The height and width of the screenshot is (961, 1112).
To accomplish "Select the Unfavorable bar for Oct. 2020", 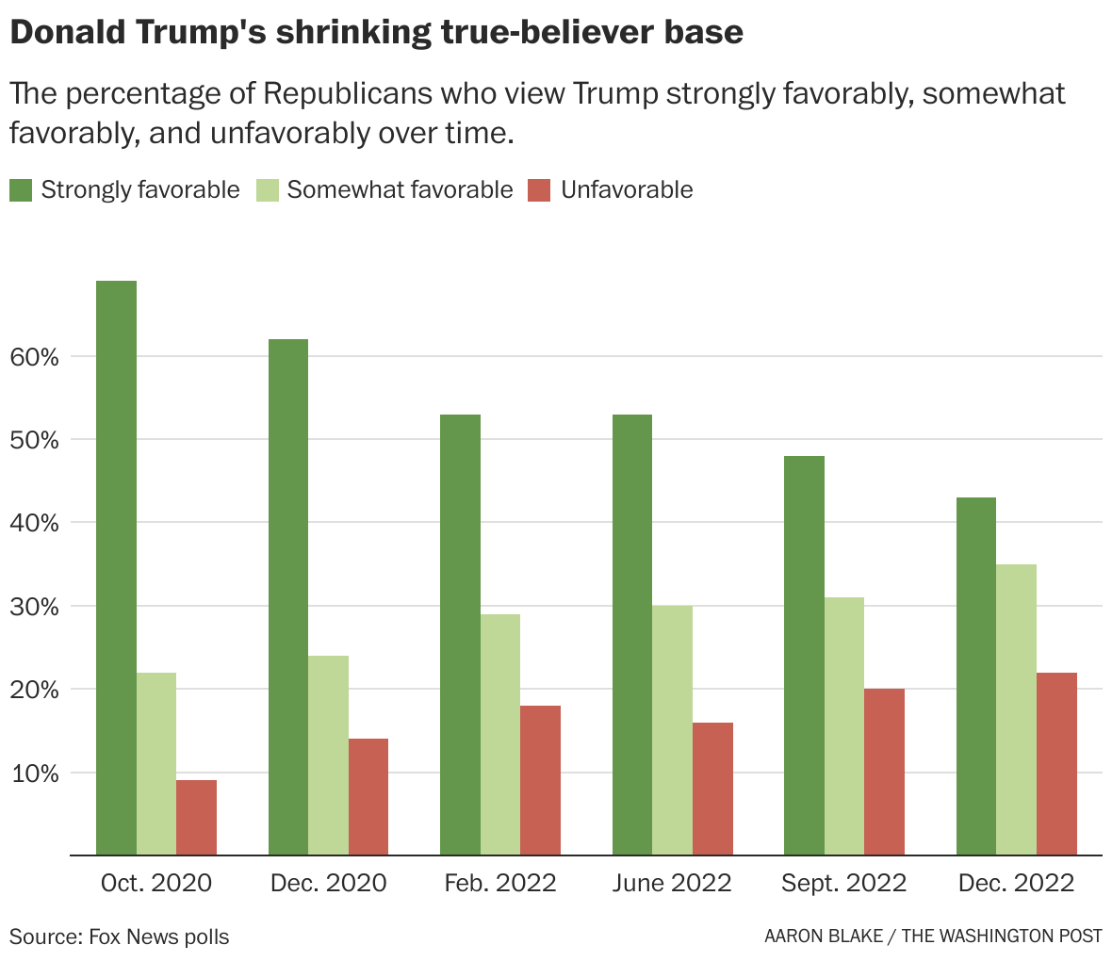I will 196,818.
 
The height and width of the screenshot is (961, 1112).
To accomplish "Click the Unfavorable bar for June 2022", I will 712,790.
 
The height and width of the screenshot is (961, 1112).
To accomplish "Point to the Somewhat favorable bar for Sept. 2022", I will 843,726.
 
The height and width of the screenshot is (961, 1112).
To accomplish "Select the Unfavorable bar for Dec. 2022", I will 1056,764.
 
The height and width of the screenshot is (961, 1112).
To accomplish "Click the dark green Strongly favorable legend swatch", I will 21,190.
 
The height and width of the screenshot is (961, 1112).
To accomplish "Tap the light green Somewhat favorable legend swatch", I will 267,190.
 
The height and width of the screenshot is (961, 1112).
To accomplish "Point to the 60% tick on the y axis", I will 36,357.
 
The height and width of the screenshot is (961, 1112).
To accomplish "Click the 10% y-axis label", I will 36,774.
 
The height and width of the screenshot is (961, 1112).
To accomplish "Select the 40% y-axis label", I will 36,523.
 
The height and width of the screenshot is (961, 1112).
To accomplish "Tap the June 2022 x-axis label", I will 671,883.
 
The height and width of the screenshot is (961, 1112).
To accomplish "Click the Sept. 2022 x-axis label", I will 843,883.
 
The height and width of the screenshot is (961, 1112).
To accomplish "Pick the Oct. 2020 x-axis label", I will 155,883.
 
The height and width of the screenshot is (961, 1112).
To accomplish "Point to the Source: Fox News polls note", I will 119,937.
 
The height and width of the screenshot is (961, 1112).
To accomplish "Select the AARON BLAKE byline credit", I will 824,937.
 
